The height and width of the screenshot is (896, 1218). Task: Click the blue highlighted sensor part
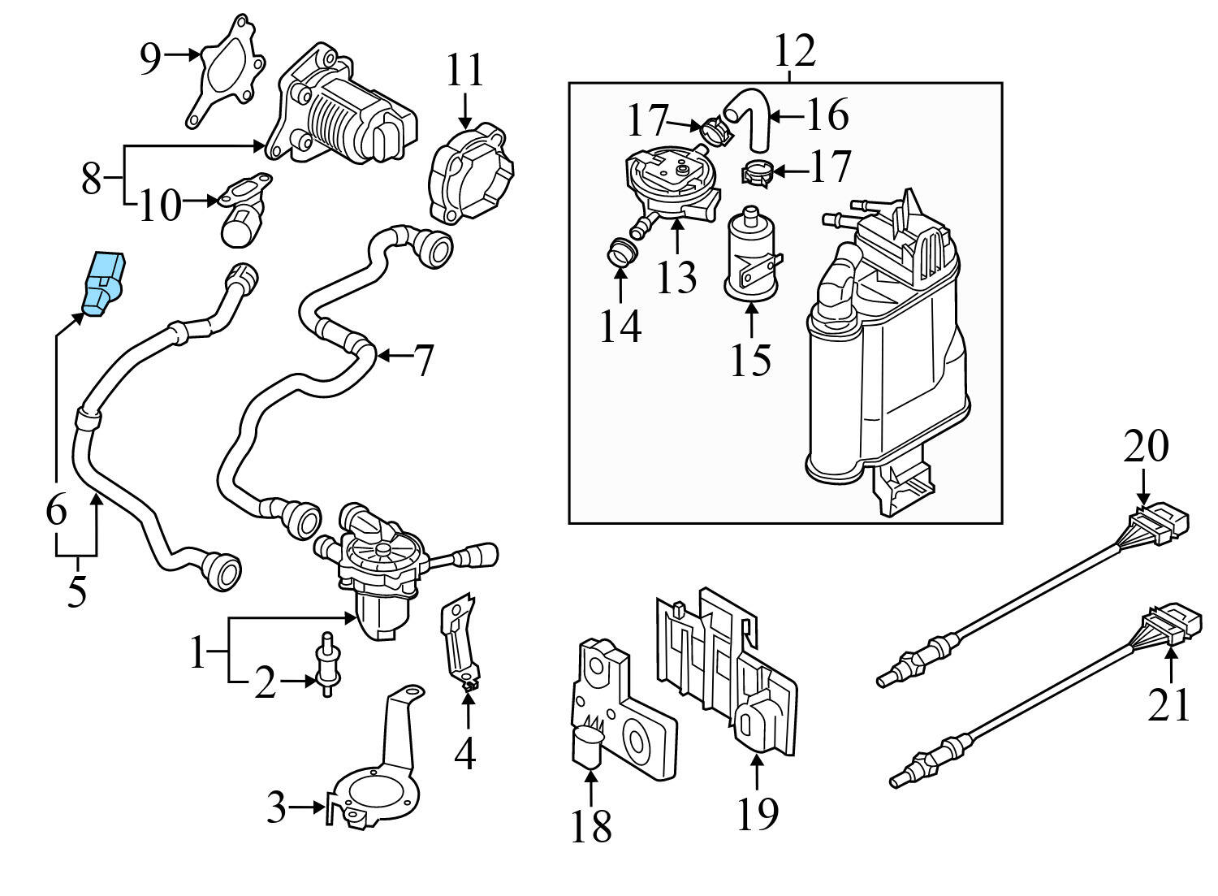(104, 283)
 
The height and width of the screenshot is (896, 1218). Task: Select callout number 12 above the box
(793, 50)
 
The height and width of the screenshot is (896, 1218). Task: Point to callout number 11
(464, 71)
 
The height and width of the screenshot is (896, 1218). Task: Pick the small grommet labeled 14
(621, 251)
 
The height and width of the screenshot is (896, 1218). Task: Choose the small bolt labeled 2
(326, 664)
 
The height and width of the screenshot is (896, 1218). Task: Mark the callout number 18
(590, 827)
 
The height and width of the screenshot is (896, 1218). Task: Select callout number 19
(757, 812)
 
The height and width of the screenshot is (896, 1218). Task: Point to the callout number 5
(76, 591)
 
